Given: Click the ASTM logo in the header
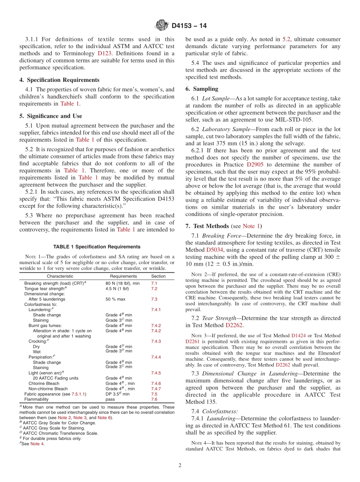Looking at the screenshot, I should [162, 26].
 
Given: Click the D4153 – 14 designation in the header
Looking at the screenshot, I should [189, 26].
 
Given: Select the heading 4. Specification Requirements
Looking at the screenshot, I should [59, 80].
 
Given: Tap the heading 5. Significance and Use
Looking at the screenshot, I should [51, 116].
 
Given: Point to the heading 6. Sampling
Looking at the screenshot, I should [202, 89].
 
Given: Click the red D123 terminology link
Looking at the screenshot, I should [105, 53].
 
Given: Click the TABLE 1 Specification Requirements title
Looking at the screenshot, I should [97, 247].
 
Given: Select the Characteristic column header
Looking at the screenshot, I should [60, 276].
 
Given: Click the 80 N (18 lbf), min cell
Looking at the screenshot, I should [122, 283].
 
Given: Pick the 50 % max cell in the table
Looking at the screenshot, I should [115, 299].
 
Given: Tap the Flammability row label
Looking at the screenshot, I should [36, 399].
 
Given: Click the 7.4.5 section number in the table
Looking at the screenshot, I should [156, 373].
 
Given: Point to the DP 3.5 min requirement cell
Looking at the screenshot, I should [117, 394].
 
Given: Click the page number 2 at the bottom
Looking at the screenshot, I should [180, 466].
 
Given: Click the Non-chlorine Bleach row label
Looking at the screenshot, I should [48, 389].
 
